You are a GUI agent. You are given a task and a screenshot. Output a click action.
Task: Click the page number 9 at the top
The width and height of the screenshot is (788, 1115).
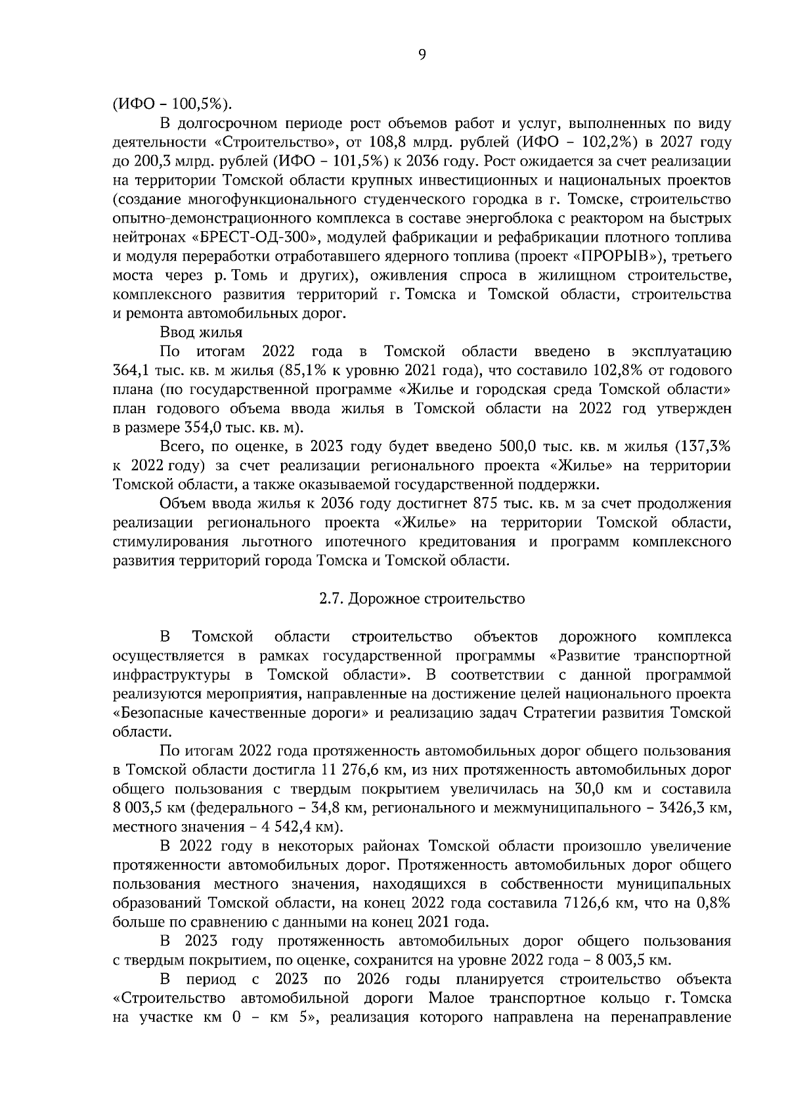point(422,55)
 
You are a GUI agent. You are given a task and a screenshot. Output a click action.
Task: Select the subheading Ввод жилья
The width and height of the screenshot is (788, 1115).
point(201,332)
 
